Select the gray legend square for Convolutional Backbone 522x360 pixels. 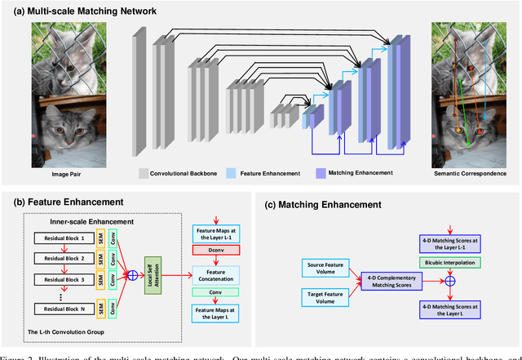pyautogui.click(x=143, y=174)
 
